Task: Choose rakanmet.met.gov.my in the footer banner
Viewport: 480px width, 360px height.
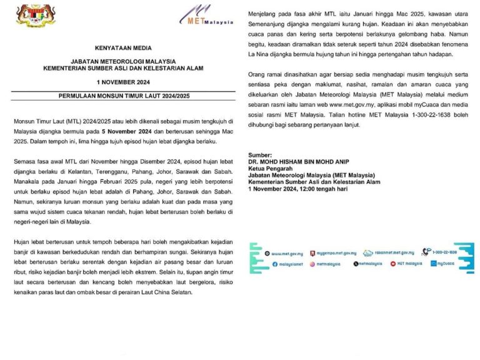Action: (393, 252)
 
